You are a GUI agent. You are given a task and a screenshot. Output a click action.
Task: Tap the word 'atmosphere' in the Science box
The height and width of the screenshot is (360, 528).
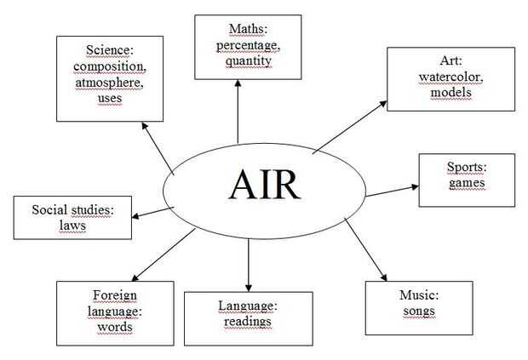pos(109,83)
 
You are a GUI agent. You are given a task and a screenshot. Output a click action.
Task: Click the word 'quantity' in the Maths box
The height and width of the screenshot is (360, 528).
pos(249,60)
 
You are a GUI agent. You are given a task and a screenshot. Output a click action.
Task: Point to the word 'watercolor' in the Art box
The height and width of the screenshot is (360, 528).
pos(451,77)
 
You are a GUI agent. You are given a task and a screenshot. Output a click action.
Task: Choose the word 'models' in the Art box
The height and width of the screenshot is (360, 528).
pos(451,92)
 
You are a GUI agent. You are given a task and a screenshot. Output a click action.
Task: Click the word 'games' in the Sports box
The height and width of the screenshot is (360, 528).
pos(467,182)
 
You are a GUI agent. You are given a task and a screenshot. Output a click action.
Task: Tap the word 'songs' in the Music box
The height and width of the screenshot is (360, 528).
pos(418,311)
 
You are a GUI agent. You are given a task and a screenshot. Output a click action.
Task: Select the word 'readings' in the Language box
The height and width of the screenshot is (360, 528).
pos(248,321)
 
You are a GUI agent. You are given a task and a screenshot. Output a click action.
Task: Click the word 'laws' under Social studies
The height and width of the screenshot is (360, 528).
pos(73,226)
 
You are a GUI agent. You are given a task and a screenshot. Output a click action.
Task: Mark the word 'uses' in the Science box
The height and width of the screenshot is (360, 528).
pos(109,98)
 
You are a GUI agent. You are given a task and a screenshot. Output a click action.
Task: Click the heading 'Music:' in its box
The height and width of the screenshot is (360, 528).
pos(418,295)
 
